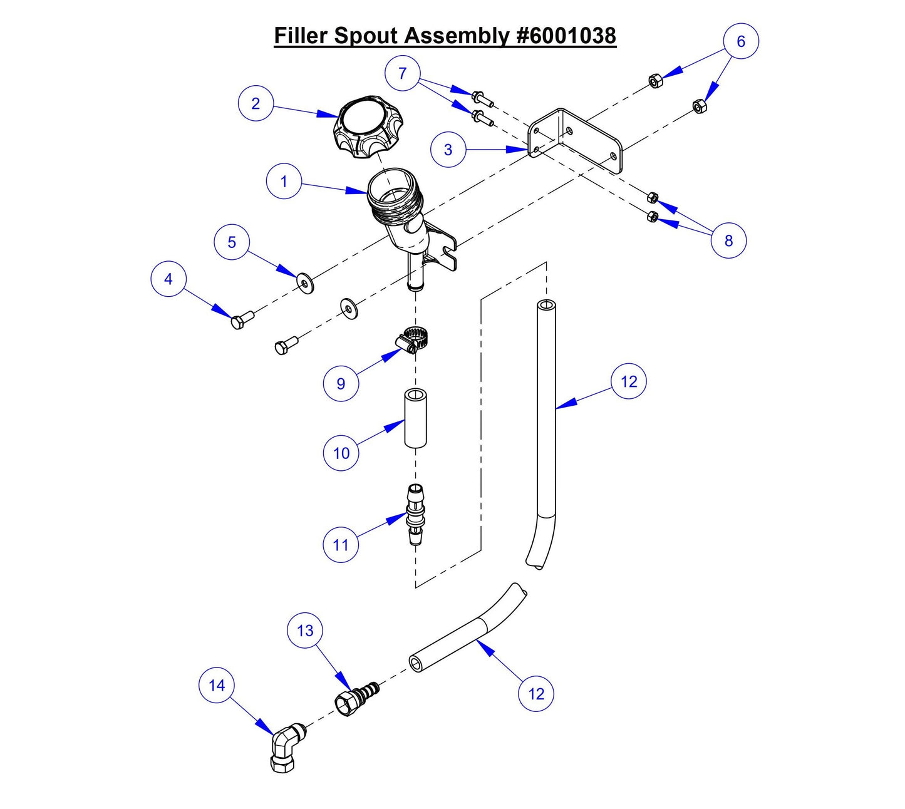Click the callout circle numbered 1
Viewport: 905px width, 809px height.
click(284, 182)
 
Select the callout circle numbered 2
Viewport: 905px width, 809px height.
click(256, 103)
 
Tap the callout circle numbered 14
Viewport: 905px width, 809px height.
click(217, 686)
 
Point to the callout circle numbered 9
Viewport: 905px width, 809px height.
click(341, 383)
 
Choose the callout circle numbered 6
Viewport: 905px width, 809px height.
click(741, 41)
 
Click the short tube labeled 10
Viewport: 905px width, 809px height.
click(415, 418)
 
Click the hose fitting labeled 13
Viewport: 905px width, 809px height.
click(358, 697)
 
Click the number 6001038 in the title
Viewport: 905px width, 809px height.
click(567, 36)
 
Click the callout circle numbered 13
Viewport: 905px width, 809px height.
click(305, 631)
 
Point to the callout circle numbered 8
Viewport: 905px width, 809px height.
click(728, 240)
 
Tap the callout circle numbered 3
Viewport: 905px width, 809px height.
click(448, 150)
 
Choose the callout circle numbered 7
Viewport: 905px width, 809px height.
click(402, 74)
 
